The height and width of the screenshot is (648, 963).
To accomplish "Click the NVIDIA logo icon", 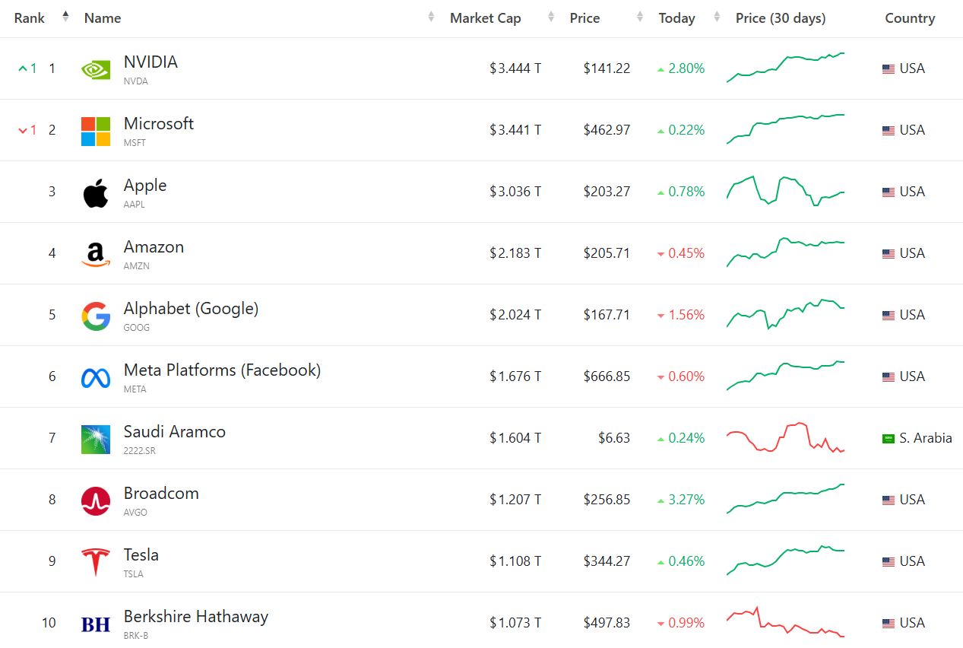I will tap(96, 69).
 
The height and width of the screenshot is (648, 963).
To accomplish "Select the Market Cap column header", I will tap(485, 18).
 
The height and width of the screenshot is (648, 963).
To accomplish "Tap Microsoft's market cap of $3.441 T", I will tap(515, 130).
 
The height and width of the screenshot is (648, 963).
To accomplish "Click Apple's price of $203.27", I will tap(607, 192).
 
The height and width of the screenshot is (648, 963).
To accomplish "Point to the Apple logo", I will tap(96, 192).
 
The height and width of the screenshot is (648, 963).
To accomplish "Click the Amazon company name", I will tap(154, 247).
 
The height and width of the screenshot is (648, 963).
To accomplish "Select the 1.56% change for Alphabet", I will tap(686, 315).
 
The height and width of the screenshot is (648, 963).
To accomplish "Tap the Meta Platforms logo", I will tap(96, 377).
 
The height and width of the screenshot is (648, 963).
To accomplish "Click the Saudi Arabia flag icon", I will tap(888, 439).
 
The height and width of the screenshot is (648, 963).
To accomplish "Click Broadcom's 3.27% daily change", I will tap(686, 500).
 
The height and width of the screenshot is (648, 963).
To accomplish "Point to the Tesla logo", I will tap(96, 562).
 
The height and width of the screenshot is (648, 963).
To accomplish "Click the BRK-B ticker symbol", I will tap(136, 635).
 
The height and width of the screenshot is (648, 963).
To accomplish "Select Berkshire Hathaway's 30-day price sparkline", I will tap(785, 622).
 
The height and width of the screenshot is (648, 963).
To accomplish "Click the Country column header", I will tap(910, 18).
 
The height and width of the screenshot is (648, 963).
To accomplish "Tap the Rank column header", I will tap(30, 18).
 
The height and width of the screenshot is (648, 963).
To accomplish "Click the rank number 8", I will tap(52, 500).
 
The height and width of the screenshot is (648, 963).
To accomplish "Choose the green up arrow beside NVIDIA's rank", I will tap(23, 68).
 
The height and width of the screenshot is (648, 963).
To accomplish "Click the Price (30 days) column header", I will tap(780, 18).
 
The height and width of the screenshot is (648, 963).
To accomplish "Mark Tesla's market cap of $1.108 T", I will tap(515, 561).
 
